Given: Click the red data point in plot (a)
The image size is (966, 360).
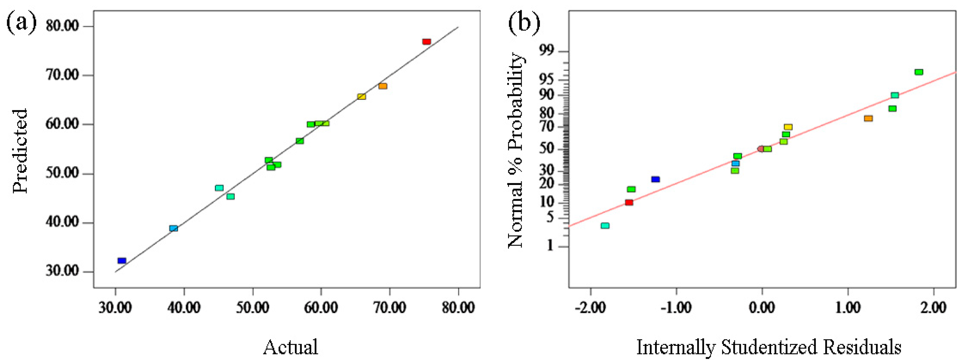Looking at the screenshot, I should (x=427, y=42).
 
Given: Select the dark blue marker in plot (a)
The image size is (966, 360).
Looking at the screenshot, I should (x=122, y=261).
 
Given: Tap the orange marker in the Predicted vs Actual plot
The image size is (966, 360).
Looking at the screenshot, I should (x=383, y=86).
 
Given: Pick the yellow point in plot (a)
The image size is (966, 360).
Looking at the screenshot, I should (x=361, y=97).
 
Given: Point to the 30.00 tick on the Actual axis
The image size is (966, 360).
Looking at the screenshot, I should (x=115, y=308).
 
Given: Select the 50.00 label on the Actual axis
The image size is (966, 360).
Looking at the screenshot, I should (x=253, y=308).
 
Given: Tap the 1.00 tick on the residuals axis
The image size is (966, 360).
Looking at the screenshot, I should (x=848, y=308).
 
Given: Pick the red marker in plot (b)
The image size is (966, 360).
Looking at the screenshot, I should (x=629, y=203).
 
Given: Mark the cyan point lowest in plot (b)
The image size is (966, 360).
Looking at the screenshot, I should (x=605, y=226).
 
